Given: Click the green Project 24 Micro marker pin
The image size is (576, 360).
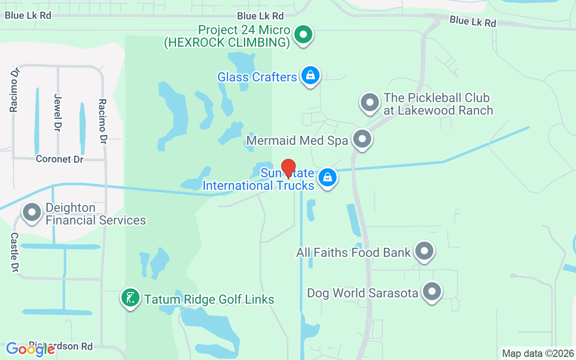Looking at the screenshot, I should (304, 35).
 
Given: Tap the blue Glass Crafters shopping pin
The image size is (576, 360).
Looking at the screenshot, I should (310, 75).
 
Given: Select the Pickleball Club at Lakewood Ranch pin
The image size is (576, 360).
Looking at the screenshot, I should (370, 103).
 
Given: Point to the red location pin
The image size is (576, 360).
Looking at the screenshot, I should (288, 168).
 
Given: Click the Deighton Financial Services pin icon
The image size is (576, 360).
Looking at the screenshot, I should (32, 212).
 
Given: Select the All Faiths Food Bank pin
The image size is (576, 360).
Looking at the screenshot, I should (424, 251).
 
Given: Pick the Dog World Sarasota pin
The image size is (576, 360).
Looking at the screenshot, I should (432, 291).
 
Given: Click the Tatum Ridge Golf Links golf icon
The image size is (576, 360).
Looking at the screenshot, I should (130, 298).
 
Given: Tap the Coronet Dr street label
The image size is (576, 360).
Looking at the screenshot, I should (60, 159).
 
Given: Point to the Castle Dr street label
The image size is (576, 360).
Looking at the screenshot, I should (14, 252).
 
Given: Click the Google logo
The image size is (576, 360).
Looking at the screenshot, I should (30, 349).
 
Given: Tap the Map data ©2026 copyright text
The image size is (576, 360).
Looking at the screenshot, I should (538, 353).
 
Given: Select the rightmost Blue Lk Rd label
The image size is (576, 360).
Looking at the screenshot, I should (472, 21).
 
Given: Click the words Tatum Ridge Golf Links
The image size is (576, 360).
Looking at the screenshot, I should (209, 299).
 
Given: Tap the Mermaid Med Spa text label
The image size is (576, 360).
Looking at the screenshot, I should (297, 140).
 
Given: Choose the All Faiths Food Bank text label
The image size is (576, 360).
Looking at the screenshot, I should (353, 252).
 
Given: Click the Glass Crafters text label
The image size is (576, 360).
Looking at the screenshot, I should (257, 77).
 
